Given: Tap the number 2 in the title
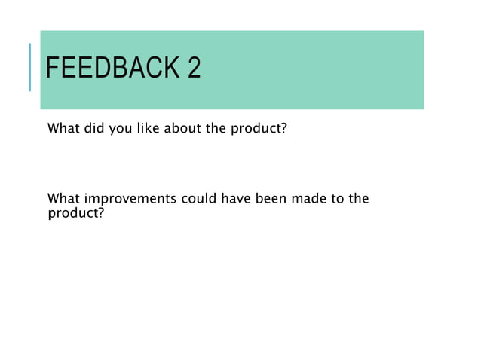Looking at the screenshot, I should [194, 69].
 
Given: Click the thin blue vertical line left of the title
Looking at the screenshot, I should [30, 68].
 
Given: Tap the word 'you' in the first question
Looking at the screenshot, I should [120, 129].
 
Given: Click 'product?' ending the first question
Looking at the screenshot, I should [259, 129].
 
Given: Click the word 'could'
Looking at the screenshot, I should [198, 200].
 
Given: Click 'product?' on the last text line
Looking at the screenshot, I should [75, 212].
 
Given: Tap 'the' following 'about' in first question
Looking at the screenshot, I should [216, 128].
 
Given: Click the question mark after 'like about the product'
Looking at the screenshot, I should [283, 128].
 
